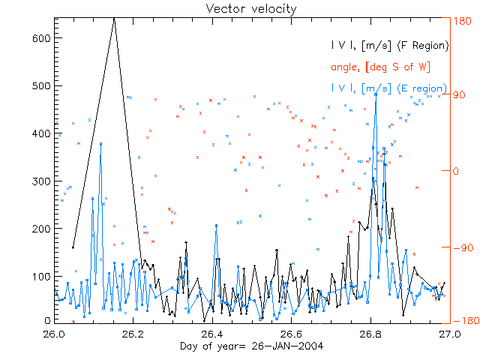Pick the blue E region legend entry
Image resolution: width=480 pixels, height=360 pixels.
click(x=390, y=88)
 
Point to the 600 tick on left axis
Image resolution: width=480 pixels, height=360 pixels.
click(x=40, y=38)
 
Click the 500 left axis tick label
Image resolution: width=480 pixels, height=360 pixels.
click(x=40, y=85)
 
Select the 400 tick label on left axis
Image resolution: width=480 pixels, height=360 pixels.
click(x=40, y=133)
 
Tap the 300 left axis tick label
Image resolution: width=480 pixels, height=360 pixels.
click(x=40, y=181)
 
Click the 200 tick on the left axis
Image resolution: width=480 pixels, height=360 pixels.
click(x=40, y=229)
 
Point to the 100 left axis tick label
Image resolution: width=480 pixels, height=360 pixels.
click(x=40, y=277)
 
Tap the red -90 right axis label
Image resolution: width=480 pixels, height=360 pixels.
click(x=459, y=247)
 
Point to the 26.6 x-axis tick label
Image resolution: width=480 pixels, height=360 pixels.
click(x=291, y=334)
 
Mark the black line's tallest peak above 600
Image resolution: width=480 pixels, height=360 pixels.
click(x=114, y=18)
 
